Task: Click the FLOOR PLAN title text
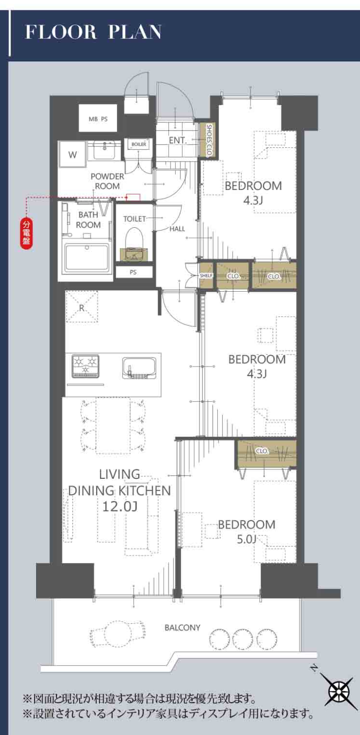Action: [x=93, y=32]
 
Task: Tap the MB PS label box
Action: [x=98, y=118]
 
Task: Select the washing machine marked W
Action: [x=72, y=154]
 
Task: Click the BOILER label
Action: [x=139, y=144]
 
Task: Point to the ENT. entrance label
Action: [x=178, y=141]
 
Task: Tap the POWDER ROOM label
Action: [x=108, y=181]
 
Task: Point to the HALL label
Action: [x=177, y=229]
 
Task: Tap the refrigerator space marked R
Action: [x=82, y=306]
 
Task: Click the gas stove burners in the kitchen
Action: [x=86, y=365]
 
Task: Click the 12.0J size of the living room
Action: [x=120, y=506]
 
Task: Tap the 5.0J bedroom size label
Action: [x=246, y=538]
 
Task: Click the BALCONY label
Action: [x=182, y=627]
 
